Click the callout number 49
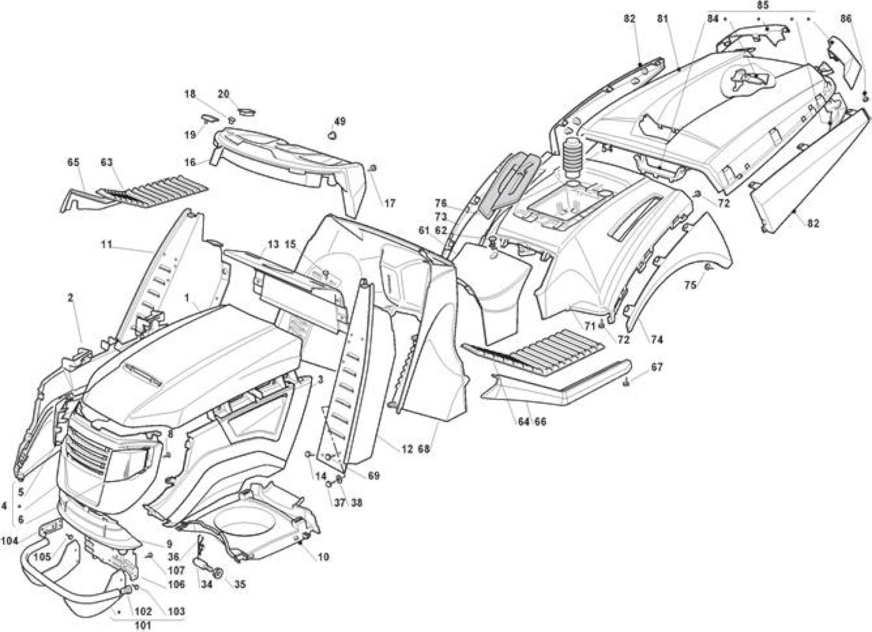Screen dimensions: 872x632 339,122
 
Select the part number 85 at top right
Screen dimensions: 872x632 763,5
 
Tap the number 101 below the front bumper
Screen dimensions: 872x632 143,625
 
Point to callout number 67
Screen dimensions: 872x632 657,367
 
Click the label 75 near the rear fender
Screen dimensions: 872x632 690,284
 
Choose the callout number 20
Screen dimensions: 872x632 223,94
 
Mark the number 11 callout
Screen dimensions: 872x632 107,243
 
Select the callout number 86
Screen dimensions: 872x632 846,18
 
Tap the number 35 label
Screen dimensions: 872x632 239,584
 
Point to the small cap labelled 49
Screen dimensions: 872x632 333,135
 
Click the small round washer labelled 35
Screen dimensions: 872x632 218,573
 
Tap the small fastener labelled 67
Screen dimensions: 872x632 627,382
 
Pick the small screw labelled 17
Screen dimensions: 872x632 374,168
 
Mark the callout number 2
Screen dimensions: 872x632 70,298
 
